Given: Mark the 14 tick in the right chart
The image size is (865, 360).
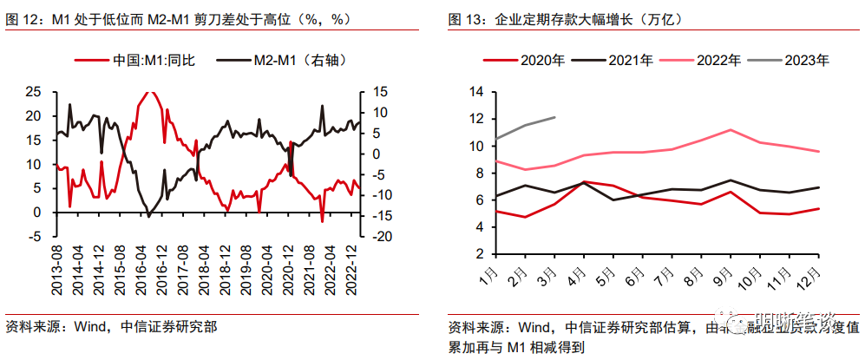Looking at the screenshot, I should tap(476, 91).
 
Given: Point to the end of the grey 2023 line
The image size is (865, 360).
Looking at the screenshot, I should tap(555, 117).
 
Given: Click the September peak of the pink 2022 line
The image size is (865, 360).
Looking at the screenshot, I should tap(731, 129).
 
